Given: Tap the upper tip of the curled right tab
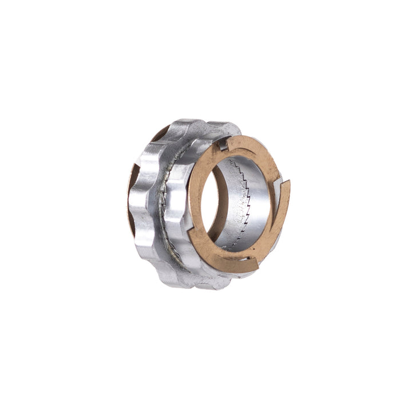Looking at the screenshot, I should coord(286,182).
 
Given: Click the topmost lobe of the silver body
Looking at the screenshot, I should coord(189,123).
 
